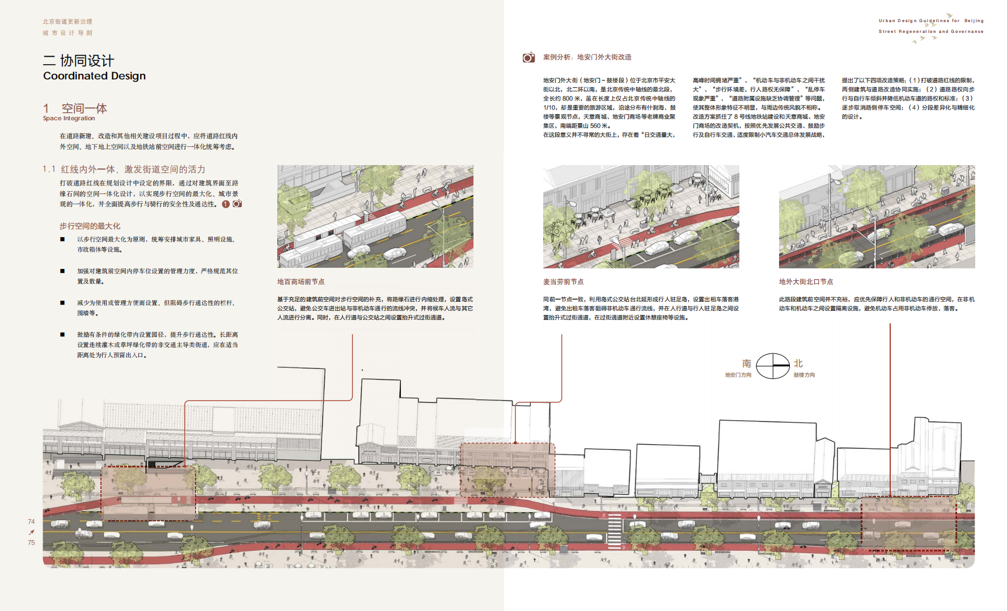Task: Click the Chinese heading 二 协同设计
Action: click(x=78, y=61)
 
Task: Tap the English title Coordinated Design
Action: click(x=94, y=76)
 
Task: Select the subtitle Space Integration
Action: click(x=69, y=119)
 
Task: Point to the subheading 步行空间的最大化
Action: click(x=90, y=226)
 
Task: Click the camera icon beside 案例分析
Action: click(x=528, y=57)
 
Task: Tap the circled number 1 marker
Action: click(x=226, y=204)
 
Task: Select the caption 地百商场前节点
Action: click(x=301, y=282)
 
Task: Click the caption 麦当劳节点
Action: click(x=563, y=282)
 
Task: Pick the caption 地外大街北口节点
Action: click(x=806, y=282)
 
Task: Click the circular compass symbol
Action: click(x=773, y=366)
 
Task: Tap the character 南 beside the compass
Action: click(x=746, y=364)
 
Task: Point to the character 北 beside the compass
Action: click(x=798, y=364)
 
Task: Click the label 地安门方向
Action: click(x=738, y=375)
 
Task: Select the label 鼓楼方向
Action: click(x=804, y=375)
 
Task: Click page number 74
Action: click(x=31, y=521)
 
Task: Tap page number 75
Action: click(x=31, y=542)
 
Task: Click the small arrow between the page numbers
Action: click(x=31, y=532)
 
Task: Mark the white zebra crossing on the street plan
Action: click(x=614, y=530)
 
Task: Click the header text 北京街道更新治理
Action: click(x=67, y=22)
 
